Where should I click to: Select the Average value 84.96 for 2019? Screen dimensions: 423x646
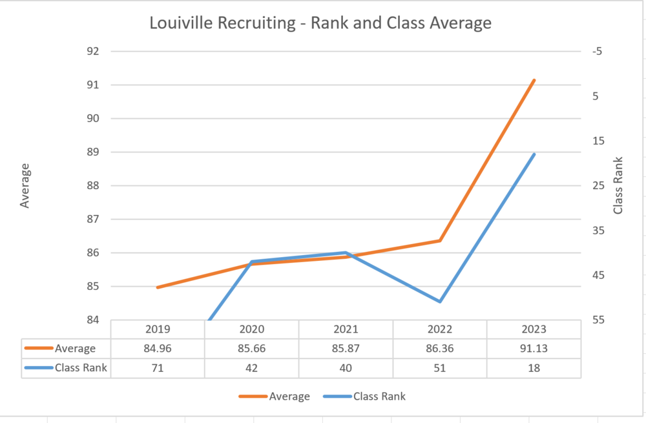pyautogui.click(x=158, y=349)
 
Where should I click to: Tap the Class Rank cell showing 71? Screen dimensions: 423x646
pyautogui.click(x=158, y=368)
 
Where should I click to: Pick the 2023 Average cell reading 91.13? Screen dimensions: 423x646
pyautogui.click(x=534, y=349)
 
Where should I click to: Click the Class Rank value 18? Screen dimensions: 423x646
pyautogui.click(x=534, y=368)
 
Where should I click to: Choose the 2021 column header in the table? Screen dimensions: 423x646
pyautogui.click(x=346, y=329)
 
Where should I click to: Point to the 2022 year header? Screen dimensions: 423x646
pyautogui.click(x=440, y=329)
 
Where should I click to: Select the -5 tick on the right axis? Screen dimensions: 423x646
pyautogui.click(x=596, y=51)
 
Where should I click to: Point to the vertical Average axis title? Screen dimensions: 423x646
pyautogui.click(x=25, y=185)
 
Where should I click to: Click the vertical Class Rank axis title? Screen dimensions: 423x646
pyautogui.click(x=618, y=185)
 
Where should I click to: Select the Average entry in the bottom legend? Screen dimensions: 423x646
pyautogui.click(x=274, y=397)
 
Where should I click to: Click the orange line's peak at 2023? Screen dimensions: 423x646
pyautogui.click(x=534, y=80)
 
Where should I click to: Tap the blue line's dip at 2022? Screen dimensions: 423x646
pyautogui.click(x=440, y=302)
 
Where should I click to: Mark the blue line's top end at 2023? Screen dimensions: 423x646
pyautogui.click(x=534, y=154)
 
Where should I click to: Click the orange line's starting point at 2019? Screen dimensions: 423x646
pyautogui.click(x=158, y=287)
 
